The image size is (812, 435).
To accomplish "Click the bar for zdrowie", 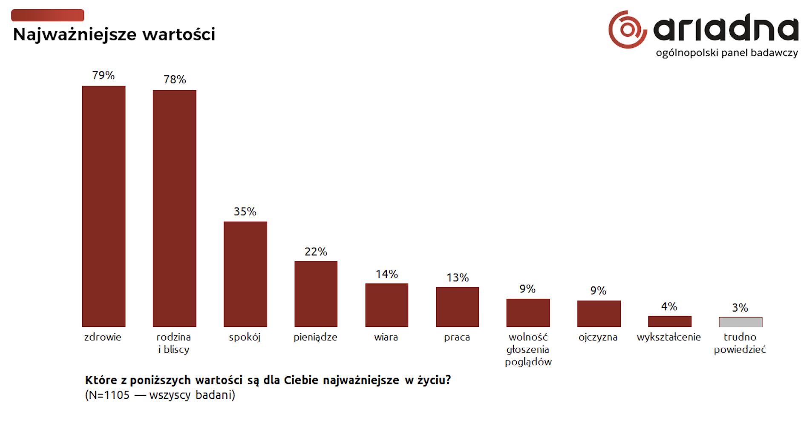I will point(104,206).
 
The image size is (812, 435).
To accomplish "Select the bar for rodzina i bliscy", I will point(174,208).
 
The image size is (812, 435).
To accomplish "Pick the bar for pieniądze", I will point(316,294).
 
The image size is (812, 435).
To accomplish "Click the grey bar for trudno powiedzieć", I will point(740,322).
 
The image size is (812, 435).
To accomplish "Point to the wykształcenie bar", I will point(669,321).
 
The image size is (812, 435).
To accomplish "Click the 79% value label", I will point(104,75).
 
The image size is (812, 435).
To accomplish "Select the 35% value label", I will point(245,212).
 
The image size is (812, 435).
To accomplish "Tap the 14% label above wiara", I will point(386,274).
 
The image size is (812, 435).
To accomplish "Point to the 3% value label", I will point(740,308).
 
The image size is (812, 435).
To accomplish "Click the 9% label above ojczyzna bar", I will point(598,291).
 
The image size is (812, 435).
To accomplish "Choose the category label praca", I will point(457,337).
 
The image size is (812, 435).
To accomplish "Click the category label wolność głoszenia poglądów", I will point(528,349).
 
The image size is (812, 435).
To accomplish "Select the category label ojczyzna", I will point(598,337).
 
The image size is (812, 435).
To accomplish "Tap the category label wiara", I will point(386,337).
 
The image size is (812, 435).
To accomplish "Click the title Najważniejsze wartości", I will point(114,34).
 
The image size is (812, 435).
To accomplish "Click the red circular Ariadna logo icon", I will point(627,29).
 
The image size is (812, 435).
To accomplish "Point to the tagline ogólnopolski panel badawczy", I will point(726,53).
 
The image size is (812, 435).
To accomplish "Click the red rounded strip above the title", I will point(47,15).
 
